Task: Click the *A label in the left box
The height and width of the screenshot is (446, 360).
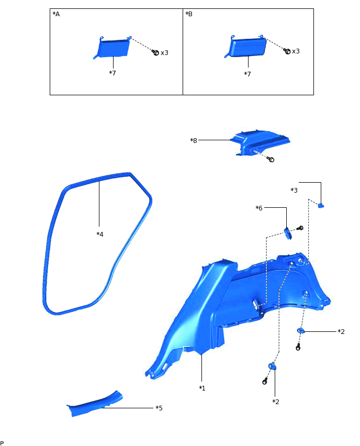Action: [56, 14]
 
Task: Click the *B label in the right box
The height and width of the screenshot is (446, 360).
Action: [189, 14]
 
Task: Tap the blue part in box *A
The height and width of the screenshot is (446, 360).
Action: [114, 48]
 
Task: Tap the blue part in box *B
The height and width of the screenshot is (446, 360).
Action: [247, 48]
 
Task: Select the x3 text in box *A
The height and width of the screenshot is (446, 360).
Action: [164, 52]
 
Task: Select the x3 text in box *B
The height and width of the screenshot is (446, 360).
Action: [296, 51]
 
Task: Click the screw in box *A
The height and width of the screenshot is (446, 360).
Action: [155, 52]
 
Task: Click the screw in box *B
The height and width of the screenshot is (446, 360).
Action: [287, 51]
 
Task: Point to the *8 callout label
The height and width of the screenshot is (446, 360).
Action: [194, 140]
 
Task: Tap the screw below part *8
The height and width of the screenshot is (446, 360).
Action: [271, 159]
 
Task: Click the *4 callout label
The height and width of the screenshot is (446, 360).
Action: [100, 234]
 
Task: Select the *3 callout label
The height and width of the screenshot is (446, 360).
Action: [294, 189]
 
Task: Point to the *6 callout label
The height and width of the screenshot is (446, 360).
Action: [258, 208]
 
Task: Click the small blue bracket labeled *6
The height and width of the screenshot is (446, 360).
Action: [288, 232]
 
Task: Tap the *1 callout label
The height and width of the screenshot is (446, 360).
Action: [202, 388]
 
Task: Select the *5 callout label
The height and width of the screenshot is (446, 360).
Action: [159, 407]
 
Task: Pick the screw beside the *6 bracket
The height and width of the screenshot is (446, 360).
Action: [300, 228]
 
